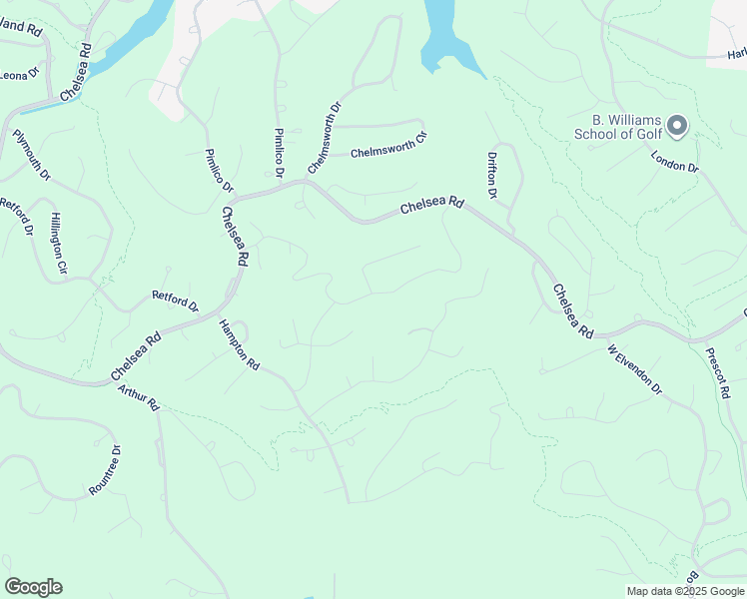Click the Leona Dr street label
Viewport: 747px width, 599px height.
coord(18,74)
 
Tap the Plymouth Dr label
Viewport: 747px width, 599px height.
coord(31,155)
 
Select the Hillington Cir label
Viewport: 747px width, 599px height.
coord(58,243)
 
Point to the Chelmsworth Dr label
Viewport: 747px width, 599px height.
coord(325,137)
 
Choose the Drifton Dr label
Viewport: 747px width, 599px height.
coord(492,176)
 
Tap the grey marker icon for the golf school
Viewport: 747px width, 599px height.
coord(677,126)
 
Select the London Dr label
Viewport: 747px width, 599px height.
coord(674,161)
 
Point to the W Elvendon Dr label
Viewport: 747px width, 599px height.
coord(634,369)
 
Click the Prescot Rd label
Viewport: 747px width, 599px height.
coord(717,373)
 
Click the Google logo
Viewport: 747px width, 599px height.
coord(33,587)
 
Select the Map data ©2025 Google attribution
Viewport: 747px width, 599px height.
coord(684,591)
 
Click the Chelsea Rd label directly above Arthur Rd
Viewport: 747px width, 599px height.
coord(136,357)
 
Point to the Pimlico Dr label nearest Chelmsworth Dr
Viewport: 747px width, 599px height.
coord(279,154)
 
